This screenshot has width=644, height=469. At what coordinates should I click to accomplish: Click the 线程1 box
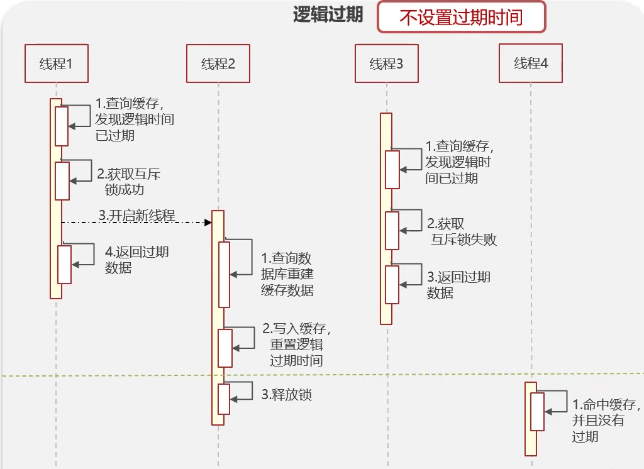pyautogui.click(x=55, y=63)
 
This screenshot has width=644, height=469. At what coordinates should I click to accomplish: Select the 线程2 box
pyautogui.click(x=218, y=63)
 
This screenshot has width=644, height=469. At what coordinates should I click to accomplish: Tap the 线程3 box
pyautogui.click(x=386, y=63)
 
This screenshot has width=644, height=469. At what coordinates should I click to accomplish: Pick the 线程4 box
pyautogui.click(x=531, y=63)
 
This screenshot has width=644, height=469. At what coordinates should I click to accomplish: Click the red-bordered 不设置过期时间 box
pyautogui.click(x=461, y=16)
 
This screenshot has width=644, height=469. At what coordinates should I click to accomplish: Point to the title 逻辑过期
pyautogui.click(x=328, y=15)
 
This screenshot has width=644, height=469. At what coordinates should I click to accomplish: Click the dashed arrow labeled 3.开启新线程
pyautogui.click(x=136, y=223)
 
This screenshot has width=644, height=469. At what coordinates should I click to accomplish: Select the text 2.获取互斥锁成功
pyautogui.click(x=129, y=182)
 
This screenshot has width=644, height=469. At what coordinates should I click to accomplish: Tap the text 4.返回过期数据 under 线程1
pyautogui.click(x=136, y=260)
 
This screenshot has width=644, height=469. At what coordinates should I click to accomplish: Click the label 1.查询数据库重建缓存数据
pyautogui.click(x=287, y=274)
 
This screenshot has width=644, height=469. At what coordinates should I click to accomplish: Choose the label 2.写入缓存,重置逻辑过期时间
pyautogui.click(x=296, y=345)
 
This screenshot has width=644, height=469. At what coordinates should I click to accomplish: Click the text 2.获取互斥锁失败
pyautogui.click(x=462, y=231)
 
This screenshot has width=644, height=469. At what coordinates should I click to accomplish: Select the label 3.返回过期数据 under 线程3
pyautogui.click(x=458, y=285)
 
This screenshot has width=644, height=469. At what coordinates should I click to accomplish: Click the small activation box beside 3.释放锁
pyautogui.click(x=224, y=399)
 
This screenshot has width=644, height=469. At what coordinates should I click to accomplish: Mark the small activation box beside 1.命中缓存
pyautogui.click(x=537, y=412)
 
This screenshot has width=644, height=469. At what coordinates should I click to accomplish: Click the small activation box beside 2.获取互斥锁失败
pyautogui.click(x=392, y=231)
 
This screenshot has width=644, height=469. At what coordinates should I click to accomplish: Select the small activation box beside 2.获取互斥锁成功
pyautogui.click(x=62, y=181)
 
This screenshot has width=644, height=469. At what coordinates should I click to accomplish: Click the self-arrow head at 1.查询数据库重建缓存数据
pyautogui.click(x=233, y=274)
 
